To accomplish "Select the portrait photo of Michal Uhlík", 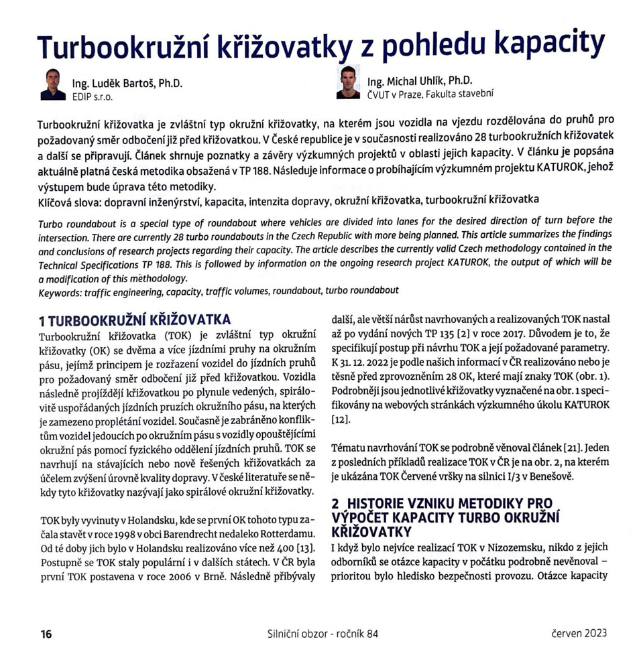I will (x=347, y=82).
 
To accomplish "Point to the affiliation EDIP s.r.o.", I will (x=93, y=96).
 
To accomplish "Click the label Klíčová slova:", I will (x=71, y=200).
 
